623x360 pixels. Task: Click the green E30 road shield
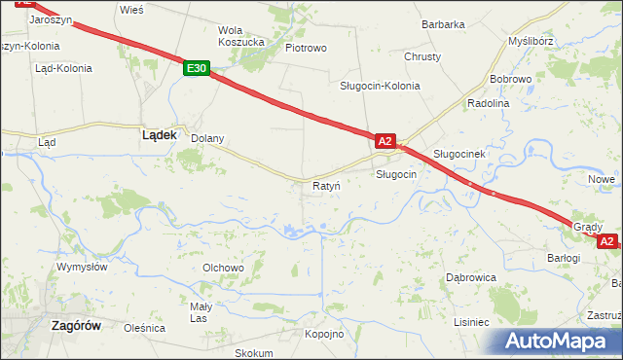point(197,68)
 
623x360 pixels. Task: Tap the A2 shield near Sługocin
point(385,141)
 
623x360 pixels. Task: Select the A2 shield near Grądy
point(606,240)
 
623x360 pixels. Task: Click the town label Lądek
point(159,136)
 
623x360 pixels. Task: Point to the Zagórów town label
point(75,327)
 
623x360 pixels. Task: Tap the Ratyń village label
point(325,185)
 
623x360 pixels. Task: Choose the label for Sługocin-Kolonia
point(380,86)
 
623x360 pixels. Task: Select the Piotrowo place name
point(306,47)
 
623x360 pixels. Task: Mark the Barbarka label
point(443,24)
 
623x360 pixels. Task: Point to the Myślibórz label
point(531,42)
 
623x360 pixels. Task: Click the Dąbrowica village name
point(471,277)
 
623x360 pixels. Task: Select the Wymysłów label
point(82,267)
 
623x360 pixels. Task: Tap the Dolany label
point(206,138)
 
